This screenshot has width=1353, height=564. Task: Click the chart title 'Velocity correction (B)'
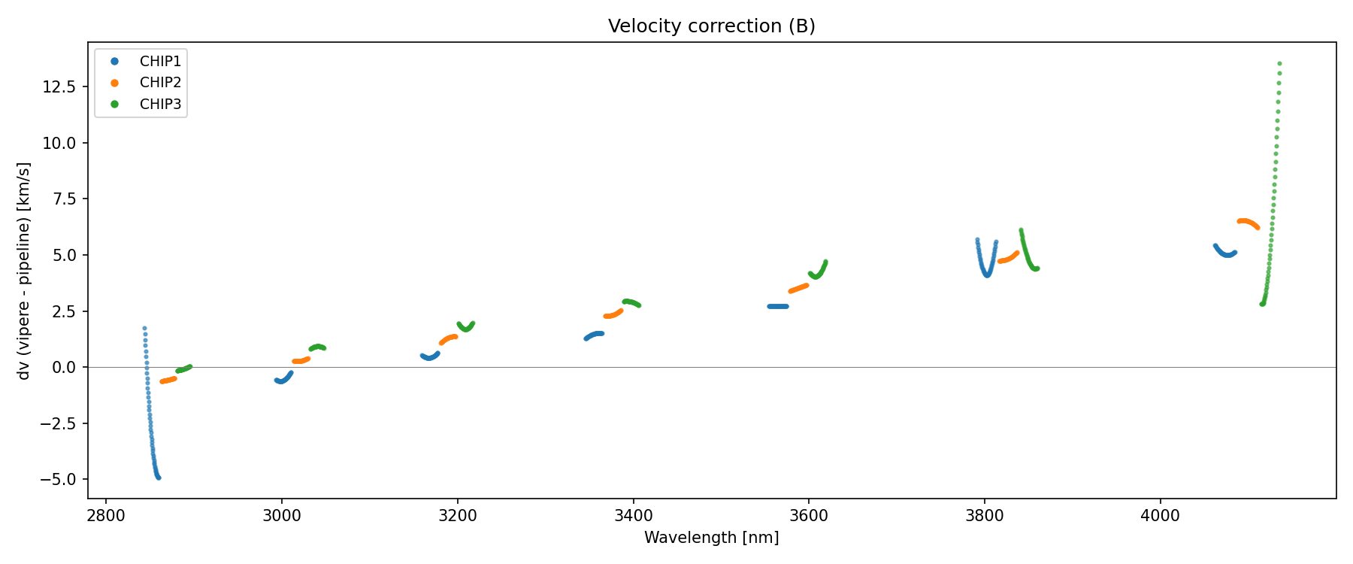tap(711, 26)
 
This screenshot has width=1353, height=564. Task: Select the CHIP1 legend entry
tap(160, 62)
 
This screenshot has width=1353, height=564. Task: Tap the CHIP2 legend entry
tap(160, 83)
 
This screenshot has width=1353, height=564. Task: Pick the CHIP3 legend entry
tap(160, 105)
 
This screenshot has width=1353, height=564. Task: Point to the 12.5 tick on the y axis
tap(59, 87)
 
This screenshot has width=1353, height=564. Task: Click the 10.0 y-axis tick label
tap(59, 143)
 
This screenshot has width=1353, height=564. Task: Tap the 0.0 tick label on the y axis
tap(65, 367)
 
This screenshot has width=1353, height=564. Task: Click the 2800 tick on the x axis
tap(106, 516)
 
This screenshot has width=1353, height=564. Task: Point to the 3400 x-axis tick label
tap(633, 516)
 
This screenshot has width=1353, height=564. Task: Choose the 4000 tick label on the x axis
tap(1160, 516)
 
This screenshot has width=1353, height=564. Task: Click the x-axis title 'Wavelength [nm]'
tap(711, 538)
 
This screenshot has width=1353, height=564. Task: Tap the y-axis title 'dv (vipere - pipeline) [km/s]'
tap(24, 271)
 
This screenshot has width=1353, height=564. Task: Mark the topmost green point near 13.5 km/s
tap(1279, 64)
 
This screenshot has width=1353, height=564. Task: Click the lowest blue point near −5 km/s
tap(158, 478)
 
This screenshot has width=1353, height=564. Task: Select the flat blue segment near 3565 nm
tap(778, 306)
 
